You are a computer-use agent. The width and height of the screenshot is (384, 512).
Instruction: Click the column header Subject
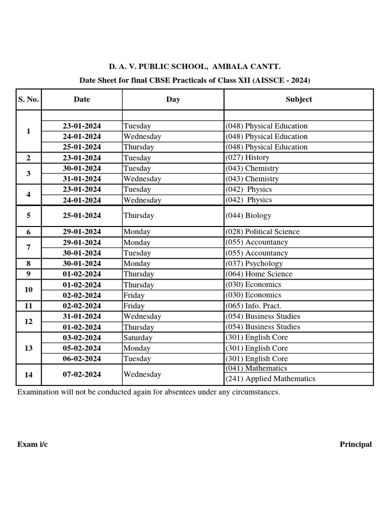click(x=298, y=99)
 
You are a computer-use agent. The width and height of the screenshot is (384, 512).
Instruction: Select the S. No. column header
click(x=28, y=99)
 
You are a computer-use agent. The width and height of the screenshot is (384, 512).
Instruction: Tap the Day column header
click(x=173, y=99)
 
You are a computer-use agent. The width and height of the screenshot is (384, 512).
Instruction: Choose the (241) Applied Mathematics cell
click(x=270, y=379)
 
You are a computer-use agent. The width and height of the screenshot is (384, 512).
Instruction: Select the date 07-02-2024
click(x=81, y=374)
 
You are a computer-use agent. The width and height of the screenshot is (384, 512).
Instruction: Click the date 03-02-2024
click(x=81, y=337)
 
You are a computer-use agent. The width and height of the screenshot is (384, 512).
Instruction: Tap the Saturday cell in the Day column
click(x=138, y=337)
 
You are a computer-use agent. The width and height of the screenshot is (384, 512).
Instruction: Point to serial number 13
click(x=28, y=348)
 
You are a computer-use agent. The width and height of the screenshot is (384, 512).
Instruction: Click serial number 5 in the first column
click(x=28, y=215)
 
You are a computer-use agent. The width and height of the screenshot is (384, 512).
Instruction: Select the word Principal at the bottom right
click(x=355, y=444)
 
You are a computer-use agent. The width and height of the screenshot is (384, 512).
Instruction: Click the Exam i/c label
click(x=32, y=444)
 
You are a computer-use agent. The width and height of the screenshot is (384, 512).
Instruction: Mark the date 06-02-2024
click(x=81, y=358)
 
